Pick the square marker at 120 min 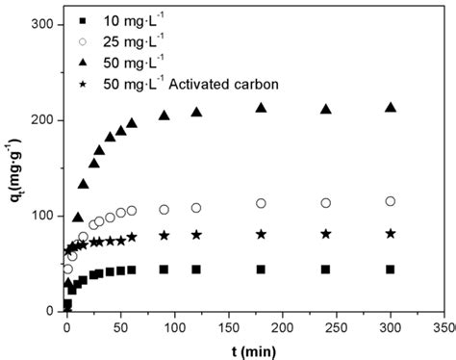tap(196, 270)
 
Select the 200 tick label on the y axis tap(40, 119)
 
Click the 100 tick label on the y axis tap(40, 215)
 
